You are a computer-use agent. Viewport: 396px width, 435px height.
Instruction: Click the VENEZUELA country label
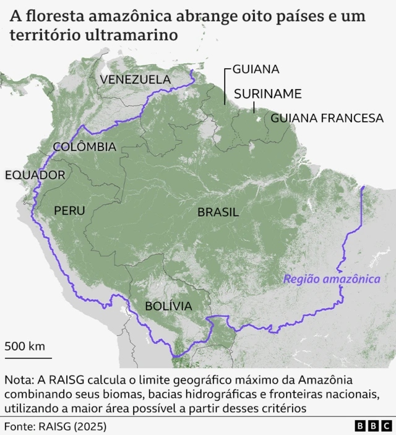coord(135,79)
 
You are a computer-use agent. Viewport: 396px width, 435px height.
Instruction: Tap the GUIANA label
coord(256,69)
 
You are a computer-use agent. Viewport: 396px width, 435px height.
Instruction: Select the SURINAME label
coord(267,93)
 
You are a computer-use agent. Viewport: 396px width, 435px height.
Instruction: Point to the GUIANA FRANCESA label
coord(327,118)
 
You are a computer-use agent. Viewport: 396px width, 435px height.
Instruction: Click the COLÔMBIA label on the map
coord(85,147)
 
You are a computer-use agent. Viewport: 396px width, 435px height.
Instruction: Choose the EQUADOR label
coord(35,175)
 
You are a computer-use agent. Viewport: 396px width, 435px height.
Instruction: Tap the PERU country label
coord(69,210)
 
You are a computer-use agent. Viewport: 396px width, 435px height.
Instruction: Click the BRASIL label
coord(218,212)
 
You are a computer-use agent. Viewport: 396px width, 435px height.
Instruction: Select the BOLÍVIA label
coord(168,306)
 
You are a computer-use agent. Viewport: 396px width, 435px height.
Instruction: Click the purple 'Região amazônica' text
coord(332,279)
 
